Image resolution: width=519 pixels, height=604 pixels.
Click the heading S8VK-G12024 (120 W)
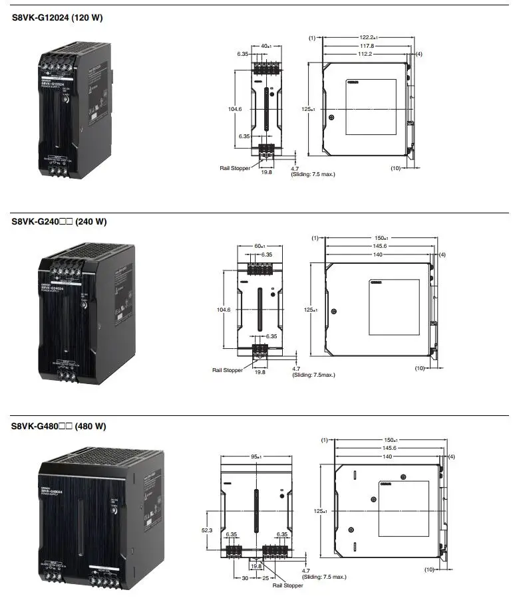pos(57,17)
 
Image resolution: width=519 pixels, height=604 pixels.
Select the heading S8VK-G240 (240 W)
pos(59,222)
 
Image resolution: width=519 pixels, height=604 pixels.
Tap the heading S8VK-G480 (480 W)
pos(59,426)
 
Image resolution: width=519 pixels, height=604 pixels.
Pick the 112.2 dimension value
pos(365,54)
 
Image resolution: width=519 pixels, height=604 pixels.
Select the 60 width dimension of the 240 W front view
pos(259,246)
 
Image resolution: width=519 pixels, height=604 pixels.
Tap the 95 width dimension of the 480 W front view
pos(256,456)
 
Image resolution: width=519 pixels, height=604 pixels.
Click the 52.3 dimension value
pos(206,530)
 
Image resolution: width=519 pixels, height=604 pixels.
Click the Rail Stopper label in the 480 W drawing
pos(289,585)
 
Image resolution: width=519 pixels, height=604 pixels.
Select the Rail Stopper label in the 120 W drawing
pos(235,168)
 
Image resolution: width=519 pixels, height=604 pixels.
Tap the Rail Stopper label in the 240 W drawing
pos(228,370)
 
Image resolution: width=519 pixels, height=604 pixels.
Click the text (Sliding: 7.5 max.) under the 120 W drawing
pos(314,174)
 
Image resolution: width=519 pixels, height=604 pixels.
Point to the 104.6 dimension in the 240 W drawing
pos(224,310)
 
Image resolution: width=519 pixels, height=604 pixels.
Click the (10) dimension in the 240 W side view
pos(419,367)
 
